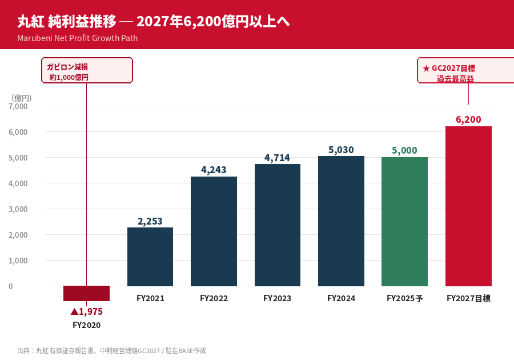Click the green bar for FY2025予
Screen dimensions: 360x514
click(404, 222)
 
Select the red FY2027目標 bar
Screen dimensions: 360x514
click(468, 206)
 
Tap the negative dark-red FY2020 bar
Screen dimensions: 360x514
click(86, 293)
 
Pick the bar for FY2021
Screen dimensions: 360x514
click(150, 257)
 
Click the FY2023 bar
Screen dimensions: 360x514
click(278, 225)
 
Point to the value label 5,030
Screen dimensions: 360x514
click(341, 150)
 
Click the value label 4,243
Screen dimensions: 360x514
click(214, 170)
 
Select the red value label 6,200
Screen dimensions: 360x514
click(468, 119)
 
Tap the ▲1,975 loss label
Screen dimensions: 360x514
click(86, 311)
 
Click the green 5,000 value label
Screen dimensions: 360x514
click(404, 150)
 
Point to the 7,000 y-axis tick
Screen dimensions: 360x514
click(18, 106)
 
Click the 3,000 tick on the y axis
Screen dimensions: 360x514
click(18, 209)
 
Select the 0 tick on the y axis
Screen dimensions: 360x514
click(11, 286)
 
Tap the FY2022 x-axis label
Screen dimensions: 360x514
click(214, 298)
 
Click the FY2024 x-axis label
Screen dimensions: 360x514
click(341, 298)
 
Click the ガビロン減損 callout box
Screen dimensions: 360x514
click(87, 71)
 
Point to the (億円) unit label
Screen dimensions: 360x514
click(21, 98)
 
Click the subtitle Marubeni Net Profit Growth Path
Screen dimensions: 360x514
click(77, 38)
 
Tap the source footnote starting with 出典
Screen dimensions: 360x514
click(111, 350)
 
